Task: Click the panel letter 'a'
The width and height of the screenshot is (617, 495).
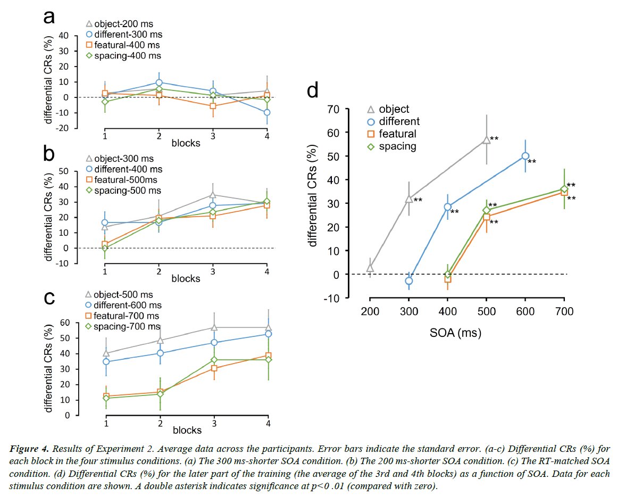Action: (49, 17)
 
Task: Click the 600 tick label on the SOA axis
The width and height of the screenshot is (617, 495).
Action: (525, 312)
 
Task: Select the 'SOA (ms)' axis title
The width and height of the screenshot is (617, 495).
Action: (456, 334)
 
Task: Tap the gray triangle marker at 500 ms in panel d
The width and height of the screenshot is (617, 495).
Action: (486, 140)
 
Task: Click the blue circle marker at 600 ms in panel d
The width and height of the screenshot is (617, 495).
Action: (526, 156)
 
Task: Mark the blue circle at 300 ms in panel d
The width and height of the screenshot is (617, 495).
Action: (408, 281)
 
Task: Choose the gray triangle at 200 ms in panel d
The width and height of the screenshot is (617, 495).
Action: (370, 268)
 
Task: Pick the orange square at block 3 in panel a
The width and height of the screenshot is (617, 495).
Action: (213, 106)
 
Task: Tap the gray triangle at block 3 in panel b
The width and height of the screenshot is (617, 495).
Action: (213, 195)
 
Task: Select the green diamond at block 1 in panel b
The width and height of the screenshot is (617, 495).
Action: (105, 248)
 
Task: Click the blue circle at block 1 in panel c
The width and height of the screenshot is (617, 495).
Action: (106, 362)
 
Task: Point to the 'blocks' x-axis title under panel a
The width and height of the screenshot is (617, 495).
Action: (186, 143)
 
